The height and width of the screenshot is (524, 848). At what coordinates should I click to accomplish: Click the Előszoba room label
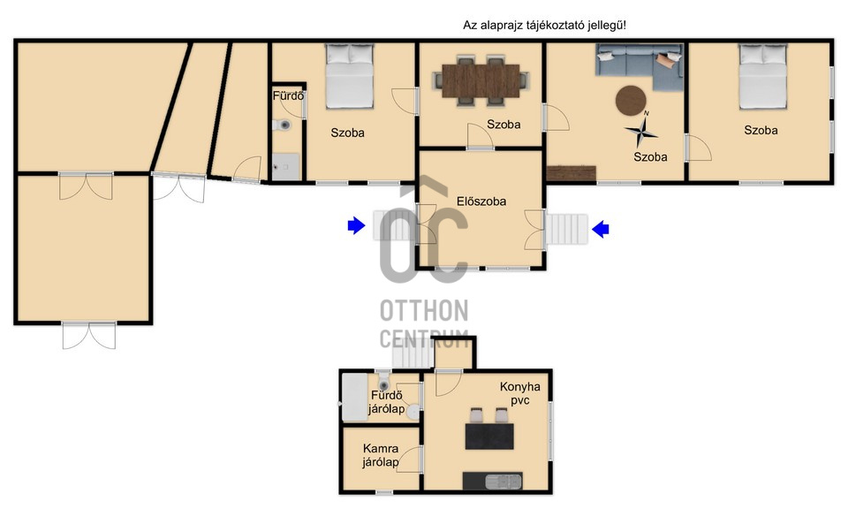(481, 201)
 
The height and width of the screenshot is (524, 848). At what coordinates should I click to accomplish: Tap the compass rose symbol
(641, 130)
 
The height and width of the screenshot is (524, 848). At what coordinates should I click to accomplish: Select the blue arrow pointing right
(356, 225)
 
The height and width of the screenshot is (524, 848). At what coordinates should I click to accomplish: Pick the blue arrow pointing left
(601, 229)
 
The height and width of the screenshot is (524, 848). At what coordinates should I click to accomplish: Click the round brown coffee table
(631, 101)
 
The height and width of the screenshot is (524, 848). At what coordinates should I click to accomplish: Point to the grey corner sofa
(640, 64)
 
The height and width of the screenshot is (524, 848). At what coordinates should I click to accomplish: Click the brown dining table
(481, 81)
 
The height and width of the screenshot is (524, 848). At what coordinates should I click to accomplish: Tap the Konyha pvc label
(519, 394)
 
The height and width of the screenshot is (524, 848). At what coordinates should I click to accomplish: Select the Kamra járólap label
(381, 455)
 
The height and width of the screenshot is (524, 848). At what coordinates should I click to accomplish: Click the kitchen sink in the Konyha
(503, 481)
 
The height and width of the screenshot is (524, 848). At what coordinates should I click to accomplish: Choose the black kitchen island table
(489, 437)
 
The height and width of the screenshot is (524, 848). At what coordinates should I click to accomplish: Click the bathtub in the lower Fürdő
(354, 398)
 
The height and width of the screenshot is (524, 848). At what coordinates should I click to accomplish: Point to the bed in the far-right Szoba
(762, 77)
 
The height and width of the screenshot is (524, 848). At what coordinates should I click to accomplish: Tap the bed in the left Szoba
(350, 76)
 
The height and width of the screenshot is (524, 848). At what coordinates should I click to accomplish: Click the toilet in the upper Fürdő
(282, 125)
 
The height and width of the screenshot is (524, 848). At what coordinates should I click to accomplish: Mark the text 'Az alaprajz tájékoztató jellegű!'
(545, 25)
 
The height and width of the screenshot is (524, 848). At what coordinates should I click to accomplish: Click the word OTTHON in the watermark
(424, 311)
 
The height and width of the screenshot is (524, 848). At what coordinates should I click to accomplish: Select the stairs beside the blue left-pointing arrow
(566, 229)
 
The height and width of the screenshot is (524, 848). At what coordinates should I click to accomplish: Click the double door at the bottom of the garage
(89, 335)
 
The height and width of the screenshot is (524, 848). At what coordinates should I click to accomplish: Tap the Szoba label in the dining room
(503, 125)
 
